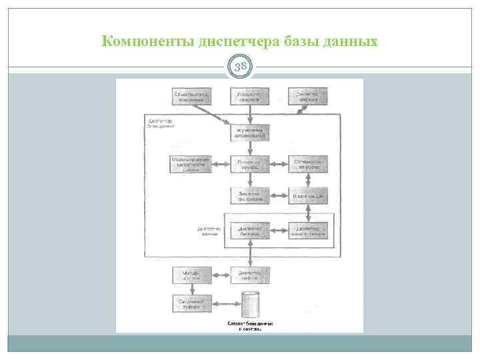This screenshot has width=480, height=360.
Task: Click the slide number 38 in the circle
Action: click(240, 67)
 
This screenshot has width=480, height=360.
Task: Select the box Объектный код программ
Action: click(192, 97)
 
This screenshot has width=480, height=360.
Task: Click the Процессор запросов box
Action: click(250, 97)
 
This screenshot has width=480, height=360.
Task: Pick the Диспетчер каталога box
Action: click(308, 97)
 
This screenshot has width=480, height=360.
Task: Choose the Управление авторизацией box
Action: click(250, 133)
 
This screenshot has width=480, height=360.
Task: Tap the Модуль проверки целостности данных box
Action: click(192, 164)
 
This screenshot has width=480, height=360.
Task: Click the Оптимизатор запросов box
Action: click(308, 164)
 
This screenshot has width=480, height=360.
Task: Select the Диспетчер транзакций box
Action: click(250, 196)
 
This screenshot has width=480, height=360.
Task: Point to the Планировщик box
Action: click(308, 196)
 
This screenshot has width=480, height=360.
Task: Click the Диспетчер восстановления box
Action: click(308, 231)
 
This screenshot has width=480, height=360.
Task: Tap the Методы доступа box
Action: click(192, 275)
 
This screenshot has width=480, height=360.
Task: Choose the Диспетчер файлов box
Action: click(250, 275)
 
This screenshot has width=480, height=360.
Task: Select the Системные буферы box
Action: click(192, 303)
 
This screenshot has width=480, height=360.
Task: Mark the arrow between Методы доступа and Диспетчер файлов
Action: click(221, 275)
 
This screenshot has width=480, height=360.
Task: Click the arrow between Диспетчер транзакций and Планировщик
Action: click(279, 196)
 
